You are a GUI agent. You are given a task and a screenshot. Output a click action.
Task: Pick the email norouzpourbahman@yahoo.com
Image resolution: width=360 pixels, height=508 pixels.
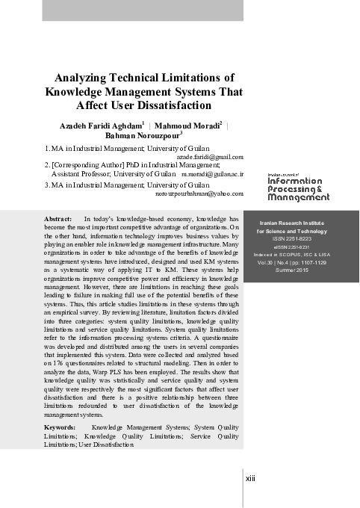[200, 193]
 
